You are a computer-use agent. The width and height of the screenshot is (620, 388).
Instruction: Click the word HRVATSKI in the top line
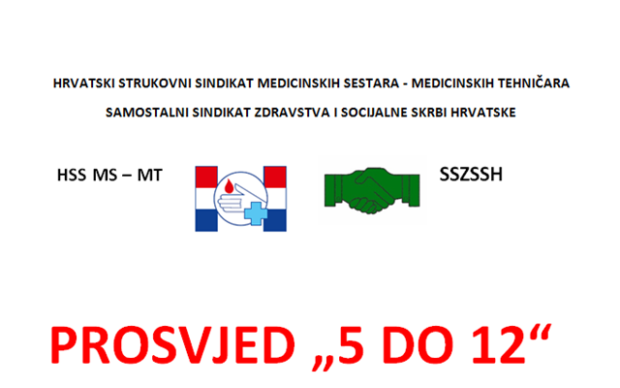coord(83,83)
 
